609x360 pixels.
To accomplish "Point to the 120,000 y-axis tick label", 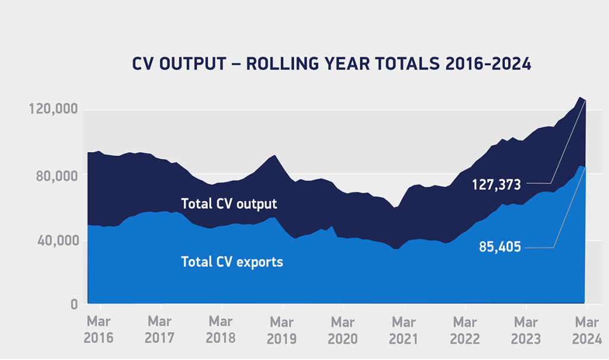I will pyautogui.click(x=53, y=110).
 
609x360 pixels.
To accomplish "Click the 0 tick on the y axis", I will pyautogui.click(x=75, y=305).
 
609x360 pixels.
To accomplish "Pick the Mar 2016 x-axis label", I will pyautogui.click(x=99, y=330).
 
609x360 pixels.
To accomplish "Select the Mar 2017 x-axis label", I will pyautogui.click(x=160, y=330).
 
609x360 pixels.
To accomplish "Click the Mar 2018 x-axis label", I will pyautogui.click(x=221, y=330).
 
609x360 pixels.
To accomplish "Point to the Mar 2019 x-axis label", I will pyautogui.click(x=281, y=330).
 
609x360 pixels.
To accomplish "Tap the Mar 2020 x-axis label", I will pyautogui.click(x=343, y=330).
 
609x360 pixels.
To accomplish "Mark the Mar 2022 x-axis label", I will pyautogui.click(x=464, y=330).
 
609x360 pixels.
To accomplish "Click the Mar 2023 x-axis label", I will pyautogui.click(x=526, y=330).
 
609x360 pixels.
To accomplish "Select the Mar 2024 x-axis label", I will pyautogui.click(x=586, y=330).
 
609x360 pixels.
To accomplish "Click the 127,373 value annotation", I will pyautogui.click(x=497, y=184).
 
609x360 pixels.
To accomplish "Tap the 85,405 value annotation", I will pyautogui.click(x=500, y=246).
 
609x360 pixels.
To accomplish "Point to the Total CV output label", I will pyautogui.click(x=229, y=204).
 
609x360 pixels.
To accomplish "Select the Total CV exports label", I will pyautogui.click(x=232, y=261).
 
